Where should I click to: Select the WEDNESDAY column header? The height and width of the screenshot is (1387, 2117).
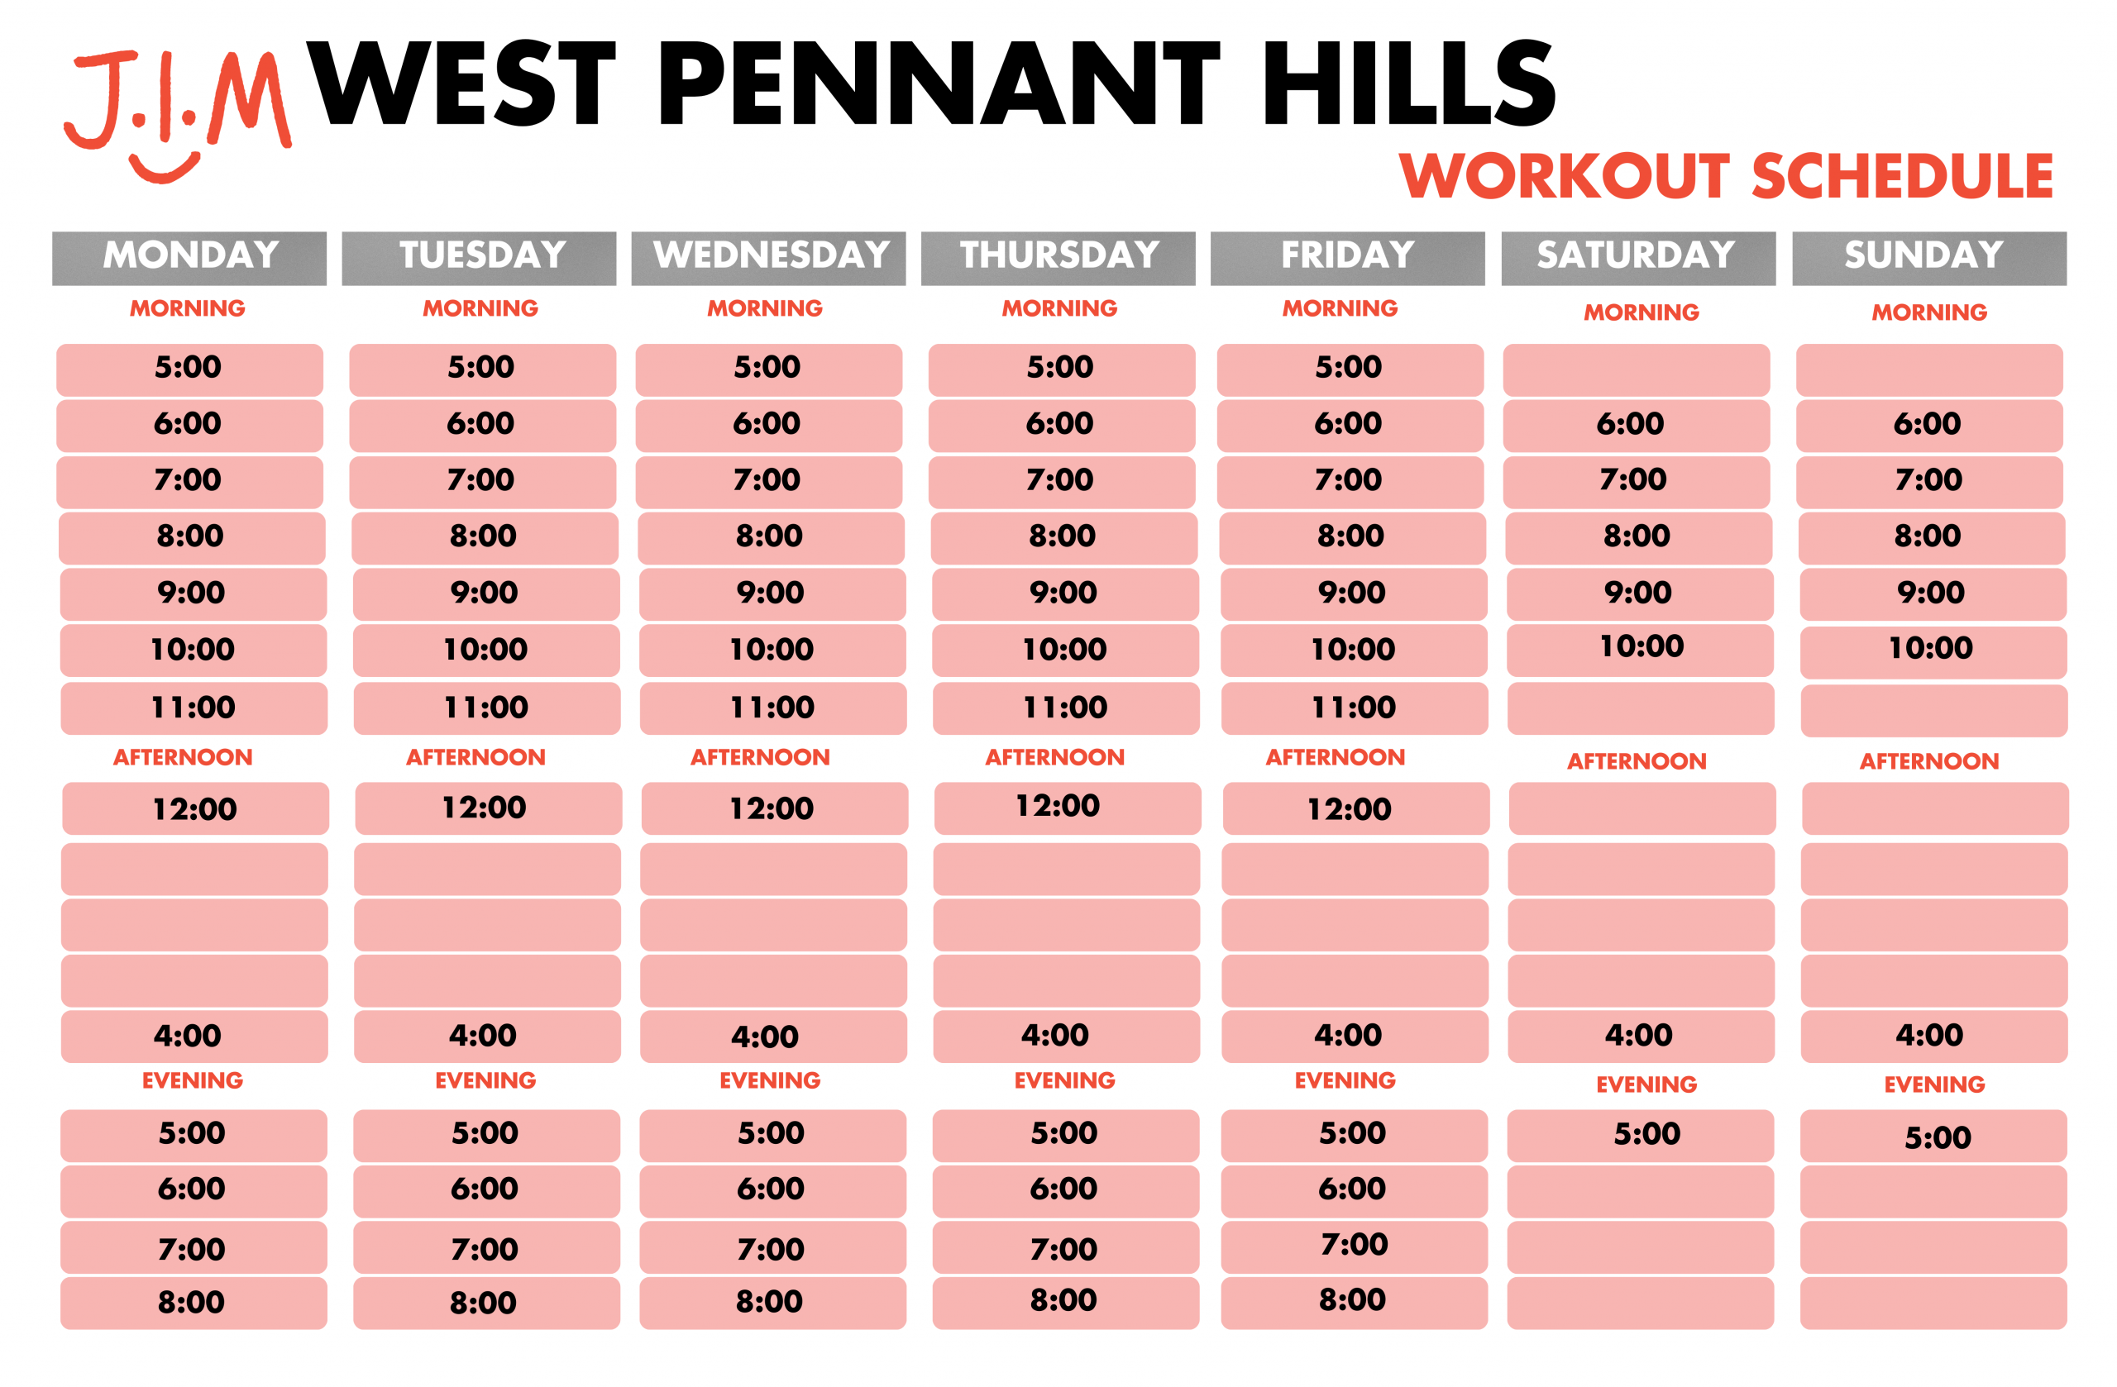click(x=768, y=258)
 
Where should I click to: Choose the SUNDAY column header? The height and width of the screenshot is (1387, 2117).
click(x=1929, y=258)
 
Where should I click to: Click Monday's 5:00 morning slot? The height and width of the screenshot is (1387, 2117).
click(x=189, y=369)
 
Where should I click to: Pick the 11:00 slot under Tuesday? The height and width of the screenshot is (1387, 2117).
click(x=486, y=708)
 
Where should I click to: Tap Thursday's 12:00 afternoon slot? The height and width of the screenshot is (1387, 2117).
click(x=1068, y=808)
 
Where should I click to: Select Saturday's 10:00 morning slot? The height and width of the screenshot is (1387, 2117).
click(x=1639, y=650)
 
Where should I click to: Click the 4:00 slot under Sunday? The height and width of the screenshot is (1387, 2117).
click(x=1933, y=1036)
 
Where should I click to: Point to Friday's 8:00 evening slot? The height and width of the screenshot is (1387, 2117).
click(x=1354, y=1303)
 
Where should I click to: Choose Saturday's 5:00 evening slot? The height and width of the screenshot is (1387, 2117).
click(x=1640, y=1136)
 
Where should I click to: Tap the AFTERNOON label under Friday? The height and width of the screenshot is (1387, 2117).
click(x=1336, y=757)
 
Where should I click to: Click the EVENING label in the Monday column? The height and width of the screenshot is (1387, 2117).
click(x=192, y=1080)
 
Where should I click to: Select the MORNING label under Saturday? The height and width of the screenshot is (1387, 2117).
click(x=1642, y=312)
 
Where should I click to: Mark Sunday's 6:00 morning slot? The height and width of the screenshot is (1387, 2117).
click(x=1929, y=425)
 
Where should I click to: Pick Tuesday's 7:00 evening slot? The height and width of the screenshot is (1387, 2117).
click(x=486, y=1247)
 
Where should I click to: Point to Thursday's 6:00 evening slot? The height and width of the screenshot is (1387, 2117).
click(x=1066, y=1190)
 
